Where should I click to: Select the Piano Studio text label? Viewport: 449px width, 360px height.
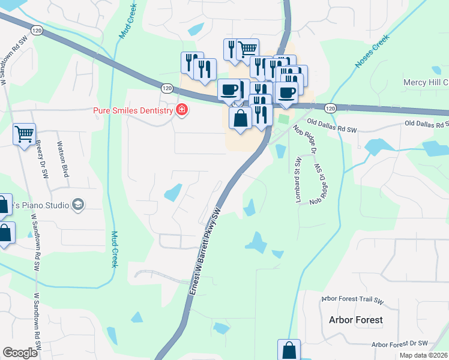click(x=40, y=205)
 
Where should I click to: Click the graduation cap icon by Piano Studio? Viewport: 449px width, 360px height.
click(x=77, y=205)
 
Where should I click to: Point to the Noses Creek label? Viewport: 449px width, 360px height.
click(x=372, y=50)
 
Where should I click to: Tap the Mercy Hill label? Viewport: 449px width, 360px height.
click(x=426, y=82)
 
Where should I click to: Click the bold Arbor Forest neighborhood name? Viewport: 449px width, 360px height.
click(x=355, y=319)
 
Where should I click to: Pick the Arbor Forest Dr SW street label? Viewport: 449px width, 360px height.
click(x=399, y=344)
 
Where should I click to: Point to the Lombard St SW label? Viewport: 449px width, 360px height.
click(x=297, y=179)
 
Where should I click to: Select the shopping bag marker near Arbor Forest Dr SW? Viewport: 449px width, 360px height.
click(x=289, y=350)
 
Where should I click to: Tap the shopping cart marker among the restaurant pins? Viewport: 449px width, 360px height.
click(x=247, y=49)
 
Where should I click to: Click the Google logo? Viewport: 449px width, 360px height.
click(x=20, y=353)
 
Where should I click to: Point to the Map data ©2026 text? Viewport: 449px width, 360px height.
click(x=424, y=355)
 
